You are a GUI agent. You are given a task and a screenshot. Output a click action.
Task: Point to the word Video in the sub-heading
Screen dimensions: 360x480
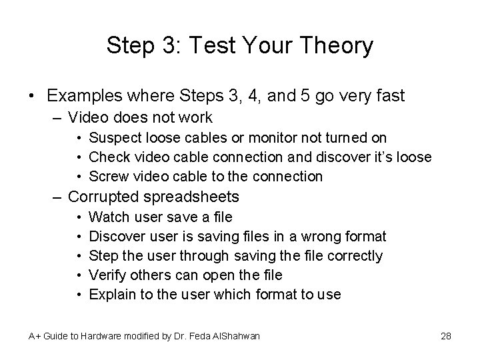(89, 118)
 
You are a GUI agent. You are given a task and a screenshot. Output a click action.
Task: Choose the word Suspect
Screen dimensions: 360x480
(112, 138)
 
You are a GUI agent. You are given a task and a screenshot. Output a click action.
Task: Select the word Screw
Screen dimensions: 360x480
(105, 177)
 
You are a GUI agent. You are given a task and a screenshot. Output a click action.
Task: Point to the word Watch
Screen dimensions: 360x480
(106, 217)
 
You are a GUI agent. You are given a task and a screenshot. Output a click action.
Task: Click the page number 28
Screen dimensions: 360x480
(446, 335)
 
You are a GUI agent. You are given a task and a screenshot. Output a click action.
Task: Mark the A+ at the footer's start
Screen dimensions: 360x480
(35, 335)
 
